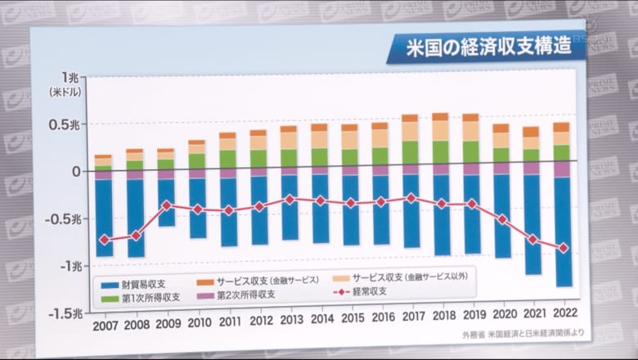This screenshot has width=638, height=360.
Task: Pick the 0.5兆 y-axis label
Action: [x=67, y=125]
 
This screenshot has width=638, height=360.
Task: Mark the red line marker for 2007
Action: [x=104, y=240]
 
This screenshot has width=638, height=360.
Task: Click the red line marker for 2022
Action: [x=563, y=248]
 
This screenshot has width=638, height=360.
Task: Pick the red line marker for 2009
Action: [x=166, y=205]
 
